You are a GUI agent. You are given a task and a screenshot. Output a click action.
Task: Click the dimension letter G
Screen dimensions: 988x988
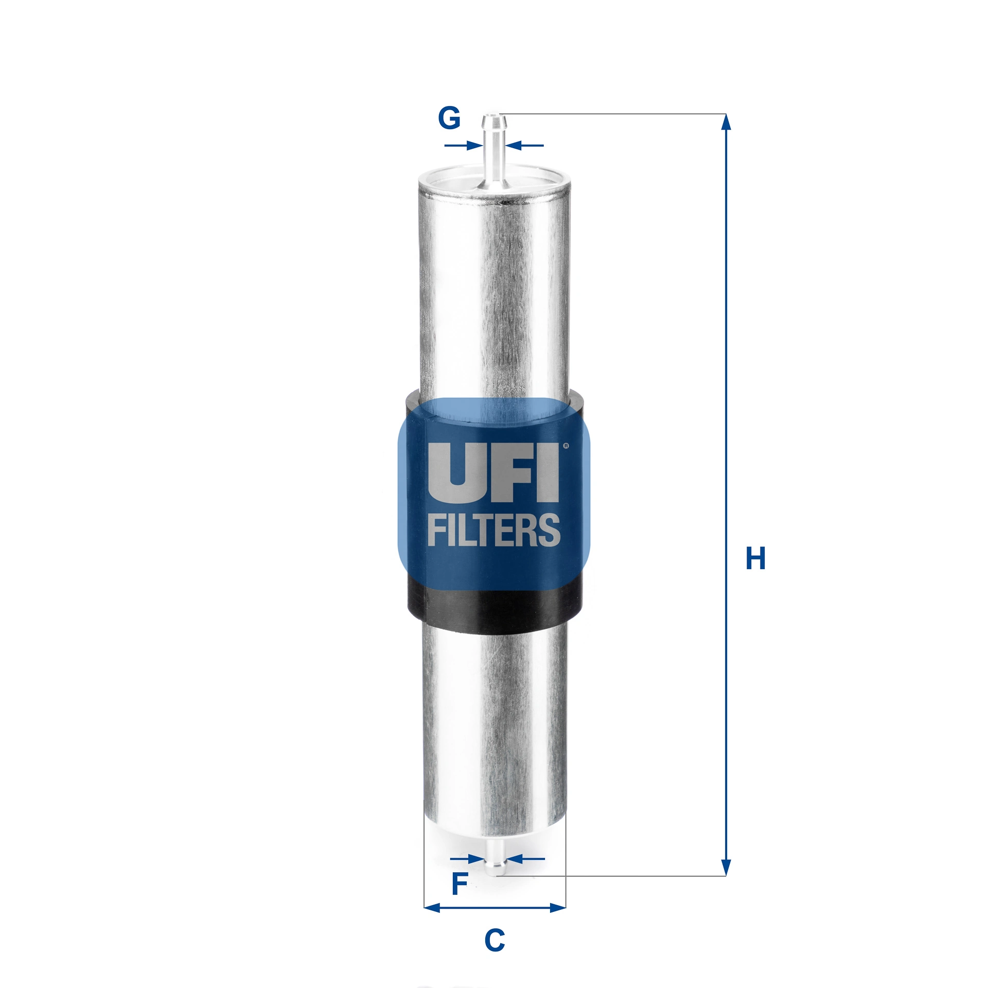(449, 118)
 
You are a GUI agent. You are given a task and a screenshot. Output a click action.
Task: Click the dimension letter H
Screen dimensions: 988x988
(755, 558)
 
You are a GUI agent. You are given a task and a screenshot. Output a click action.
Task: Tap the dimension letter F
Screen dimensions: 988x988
(459, 884)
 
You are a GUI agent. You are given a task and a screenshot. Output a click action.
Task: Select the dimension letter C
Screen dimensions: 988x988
(495, 940)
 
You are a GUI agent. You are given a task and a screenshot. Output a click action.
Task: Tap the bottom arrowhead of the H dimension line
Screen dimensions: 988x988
(726, 867)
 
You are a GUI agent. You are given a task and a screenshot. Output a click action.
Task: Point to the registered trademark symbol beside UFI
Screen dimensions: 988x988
(566, 446)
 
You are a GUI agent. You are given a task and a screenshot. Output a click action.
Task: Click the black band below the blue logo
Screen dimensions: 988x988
(494, 607)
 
